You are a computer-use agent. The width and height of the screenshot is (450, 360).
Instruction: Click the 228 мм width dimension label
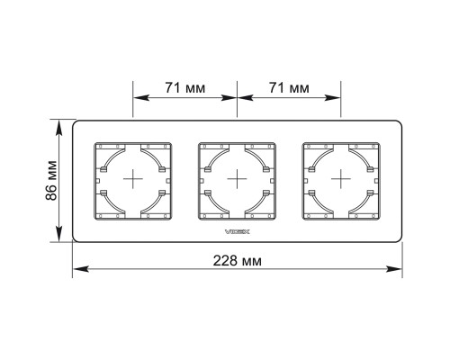click(x=237, y=261)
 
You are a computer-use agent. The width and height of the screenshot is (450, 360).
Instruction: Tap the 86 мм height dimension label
click(x=51, y=181)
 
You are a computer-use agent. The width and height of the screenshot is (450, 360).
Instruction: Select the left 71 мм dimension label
click(x=185, y=88)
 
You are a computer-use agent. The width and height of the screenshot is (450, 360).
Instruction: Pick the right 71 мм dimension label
click(x=289, y=88)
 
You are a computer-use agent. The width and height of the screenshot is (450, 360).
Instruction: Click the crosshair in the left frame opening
click(x=133, y=179)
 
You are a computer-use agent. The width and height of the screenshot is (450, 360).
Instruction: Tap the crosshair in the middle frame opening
click(x=237, y=179)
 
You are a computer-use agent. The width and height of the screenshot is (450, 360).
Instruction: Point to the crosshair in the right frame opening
click(x=341, y=179)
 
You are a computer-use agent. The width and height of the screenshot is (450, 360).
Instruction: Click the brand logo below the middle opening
click(x=238, y=231)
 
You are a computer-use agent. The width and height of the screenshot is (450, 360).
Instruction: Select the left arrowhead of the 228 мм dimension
click(x=81, y=269)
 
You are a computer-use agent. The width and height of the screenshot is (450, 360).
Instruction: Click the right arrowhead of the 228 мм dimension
click(x=394, y=269)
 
